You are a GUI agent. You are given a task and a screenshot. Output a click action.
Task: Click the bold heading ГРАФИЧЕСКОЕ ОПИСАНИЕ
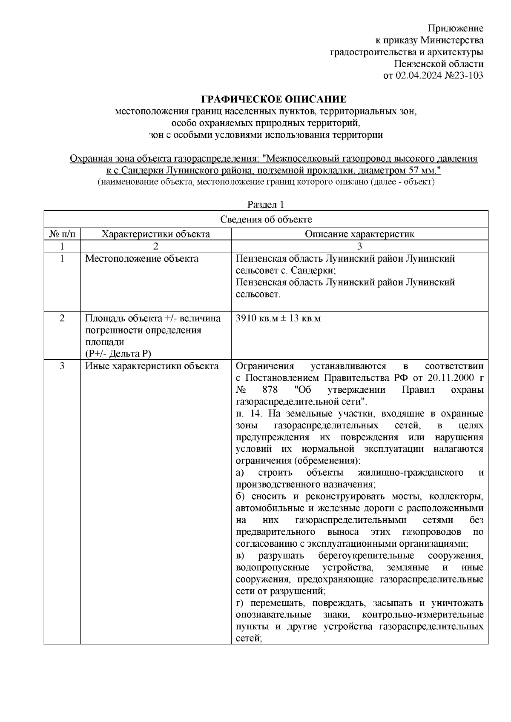[274, 100]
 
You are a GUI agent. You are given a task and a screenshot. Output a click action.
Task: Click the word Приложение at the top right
[456, 29]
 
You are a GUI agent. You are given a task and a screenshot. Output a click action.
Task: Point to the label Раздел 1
[266, 205]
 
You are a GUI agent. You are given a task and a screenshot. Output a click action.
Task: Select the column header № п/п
[62, 234]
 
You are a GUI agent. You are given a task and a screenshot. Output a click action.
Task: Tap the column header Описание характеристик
[359, 234]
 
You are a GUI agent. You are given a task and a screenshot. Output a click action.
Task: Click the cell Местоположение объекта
[142, 259]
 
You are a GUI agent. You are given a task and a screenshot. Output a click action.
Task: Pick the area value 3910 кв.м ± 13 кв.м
[278, 318]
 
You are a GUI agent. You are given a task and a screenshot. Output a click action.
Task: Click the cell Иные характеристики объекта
[152, 366]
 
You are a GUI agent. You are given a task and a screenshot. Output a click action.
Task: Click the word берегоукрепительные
[366, 556]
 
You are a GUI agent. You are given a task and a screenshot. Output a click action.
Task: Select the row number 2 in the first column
[62, 318]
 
